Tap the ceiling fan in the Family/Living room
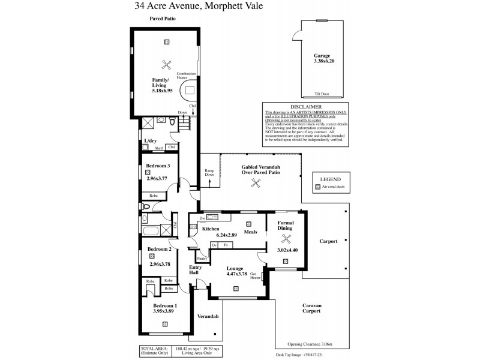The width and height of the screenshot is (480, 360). [166, 65]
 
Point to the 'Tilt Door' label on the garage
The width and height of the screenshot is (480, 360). [322, 94]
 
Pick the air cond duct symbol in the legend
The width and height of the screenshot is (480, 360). [318, 187]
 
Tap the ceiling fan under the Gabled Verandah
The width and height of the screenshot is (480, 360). [256, 186]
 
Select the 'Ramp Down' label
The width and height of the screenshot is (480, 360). [209, 173]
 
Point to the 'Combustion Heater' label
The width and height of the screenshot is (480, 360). [186, 75]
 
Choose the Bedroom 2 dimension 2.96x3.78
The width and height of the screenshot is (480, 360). [160, 263]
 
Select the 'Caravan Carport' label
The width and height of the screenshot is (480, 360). [311, 309]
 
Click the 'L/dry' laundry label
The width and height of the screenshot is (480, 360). [150, 141]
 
